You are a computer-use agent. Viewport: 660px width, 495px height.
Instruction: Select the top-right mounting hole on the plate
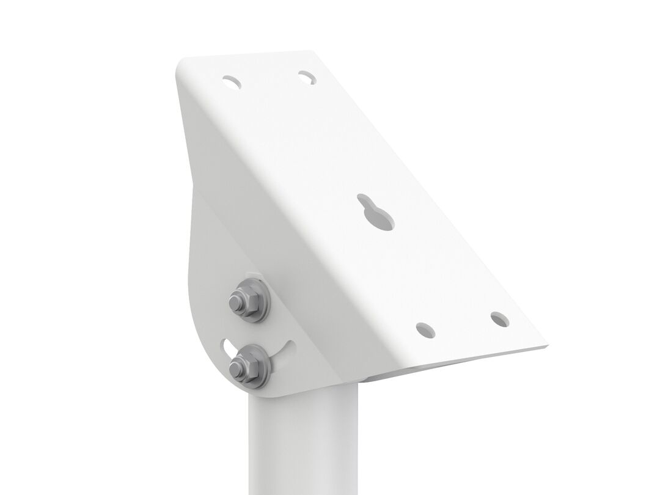click(x=307, y=77)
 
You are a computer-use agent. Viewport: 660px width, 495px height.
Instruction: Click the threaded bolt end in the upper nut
click(x=235, y=301)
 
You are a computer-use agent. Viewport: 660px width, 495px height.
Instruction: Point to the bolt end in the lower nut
click(x=234, y=367)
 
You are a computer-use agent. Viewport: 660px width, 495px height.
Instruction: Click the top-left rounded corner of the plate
click(x=183, y=64)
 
